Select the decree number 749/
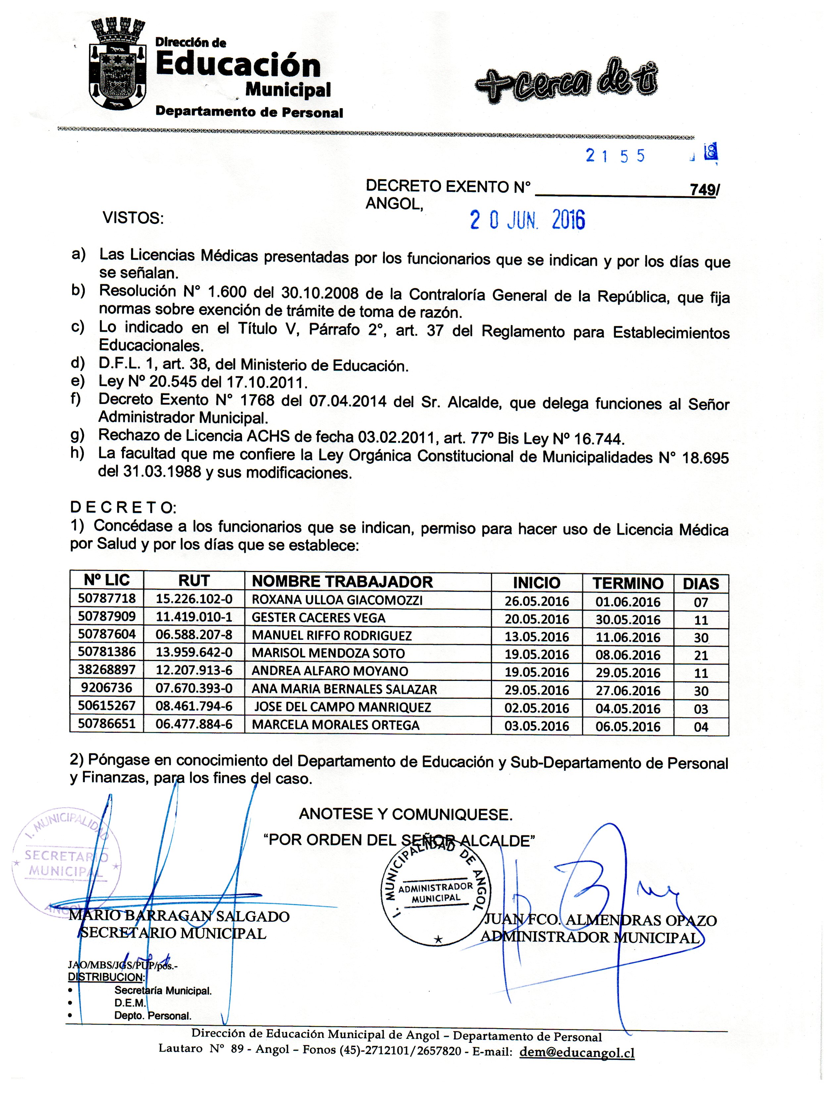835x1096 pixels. [x=703, y=190]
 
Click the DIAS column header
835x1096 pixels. [x=701, y=584]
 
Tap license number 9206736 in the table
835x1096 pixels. [x=106, y=688]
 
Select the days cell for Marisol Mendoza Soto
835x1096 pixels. [x=701, y=655]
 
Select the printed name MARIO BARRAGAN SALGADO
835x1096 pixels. [x=179, y=917]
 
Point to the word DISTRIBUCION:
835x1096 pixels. [x=106, y=977]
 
